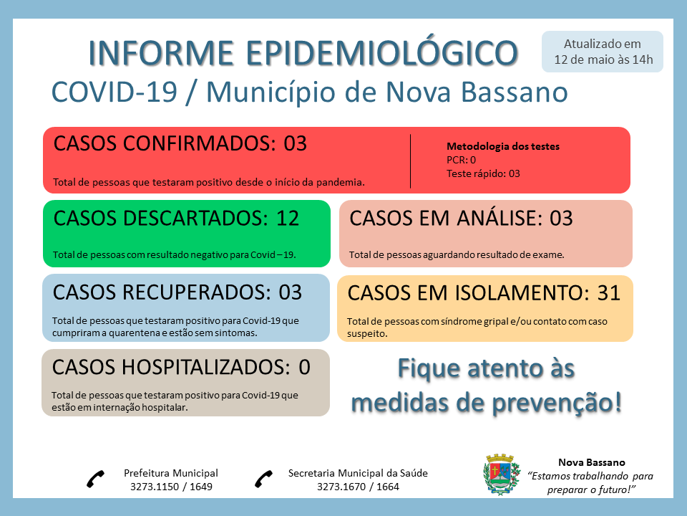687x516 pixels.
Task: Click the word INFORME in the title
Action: [161, 53]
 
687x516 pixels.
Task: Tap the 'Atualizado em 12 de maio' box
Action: [603, 52]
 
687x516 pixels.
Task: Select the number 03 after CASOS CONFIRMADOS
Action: [295, 143]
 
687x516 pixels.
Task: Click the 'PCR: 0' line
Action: [461, 160]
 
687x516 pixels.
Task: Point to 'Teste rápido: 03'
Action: [483, 173]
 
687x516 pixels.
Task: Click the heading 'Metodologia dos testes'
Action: [503, 146]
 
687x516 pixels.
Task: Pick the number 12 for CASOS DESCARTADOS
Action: [288, 218]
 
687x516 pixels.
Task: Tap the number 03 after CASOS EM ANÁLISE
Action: [561, 218]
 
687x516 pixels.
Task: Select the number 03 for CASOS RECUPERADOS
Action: [291, 292]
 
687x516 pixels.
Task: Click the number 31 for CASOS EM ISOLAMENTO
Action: [609, 292]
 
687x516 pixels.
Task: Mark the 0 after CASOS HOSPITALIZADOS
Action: [305, 367]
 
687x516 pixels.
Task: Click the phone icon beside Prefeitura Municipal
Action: [95, 479]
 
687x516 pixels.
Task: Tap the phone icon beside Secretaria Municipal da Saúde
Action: [264, 479]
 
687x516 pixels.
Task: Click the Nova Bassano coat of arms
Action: [501, 474]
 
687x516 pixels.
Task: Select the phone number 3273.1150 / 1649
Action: [171, 487]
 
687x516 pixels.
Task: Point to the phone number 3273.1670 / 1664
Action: [358, 487]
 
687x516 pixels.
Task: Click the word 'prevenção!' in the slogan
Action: [557, 403]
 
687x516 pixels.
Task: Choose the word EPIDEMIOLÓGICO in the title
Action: [382, 52]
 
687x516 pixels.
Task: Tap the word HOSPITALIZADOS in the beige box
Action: [206, 367]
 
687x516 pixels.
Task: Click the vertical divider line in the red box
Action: [411, 161]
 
